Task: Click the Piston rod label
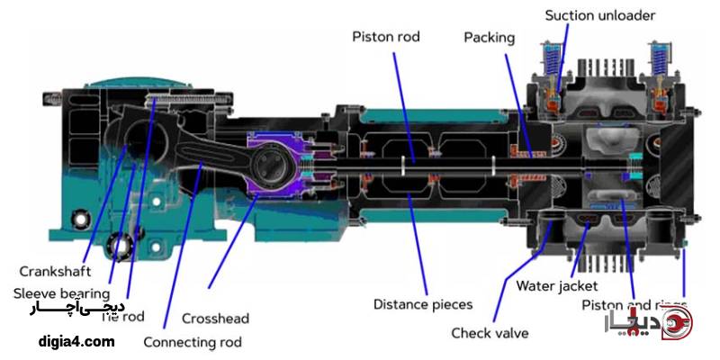pyautogui.click(x=385, y=37)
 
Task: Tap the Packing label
pyautogui.click(x=489, y=37)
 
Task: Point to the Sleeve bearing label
pyautogui.click(x=61, y=292)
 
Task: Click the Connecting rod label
pyautogui.click(x=192, y=342)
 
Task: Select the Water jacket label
pyautogui.click(x=556, y=286)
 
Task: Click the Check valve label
pyautogui.click(x=490, y=333)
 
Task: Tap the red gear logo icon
pyautogui.click(x=676, y=326)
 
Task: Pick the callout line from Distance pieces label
pyautogui.click(x=414, y=243)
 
